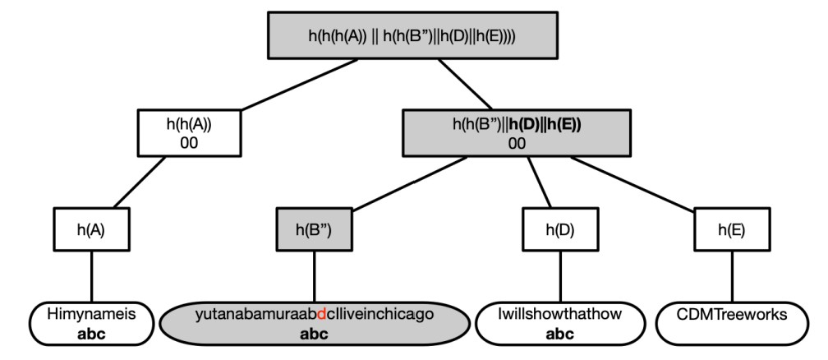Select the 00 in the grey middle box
517,143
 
